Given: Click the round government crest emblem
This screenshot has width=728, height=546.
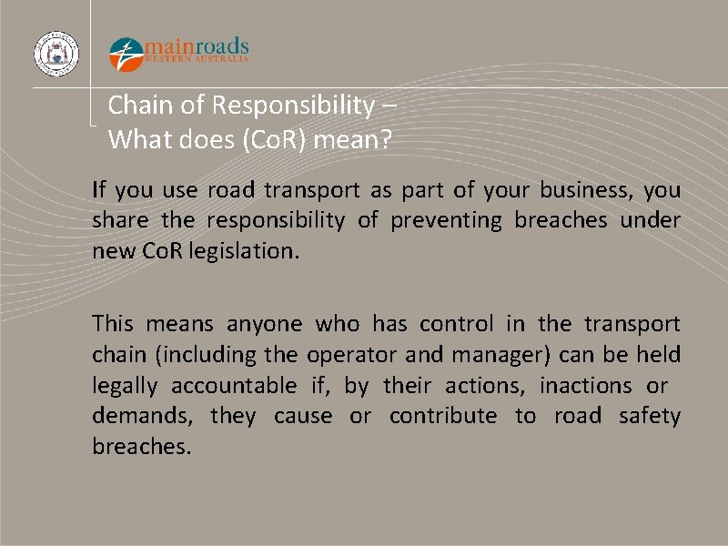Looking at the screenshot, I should pyautogui.click(x=56, y=54).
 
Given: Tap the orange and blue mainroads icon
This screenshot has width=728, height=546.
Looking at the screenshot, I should pyautogui.click(x=126, y=54).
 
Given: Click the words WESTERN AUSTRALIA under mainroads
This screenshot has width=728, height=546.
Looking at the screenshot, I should pyautogui.click(x=197, y=59).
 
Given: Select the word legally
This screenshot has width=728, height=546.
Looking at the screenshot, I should pyautogui.click(x=124, y=385).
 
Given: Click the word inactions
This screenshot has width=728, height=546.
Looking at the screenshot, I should pyautogui.click(x=585, y=385).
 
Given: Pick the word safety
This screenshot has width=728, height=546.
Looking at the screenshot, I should pyautogui.click(x=649, y=416).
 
